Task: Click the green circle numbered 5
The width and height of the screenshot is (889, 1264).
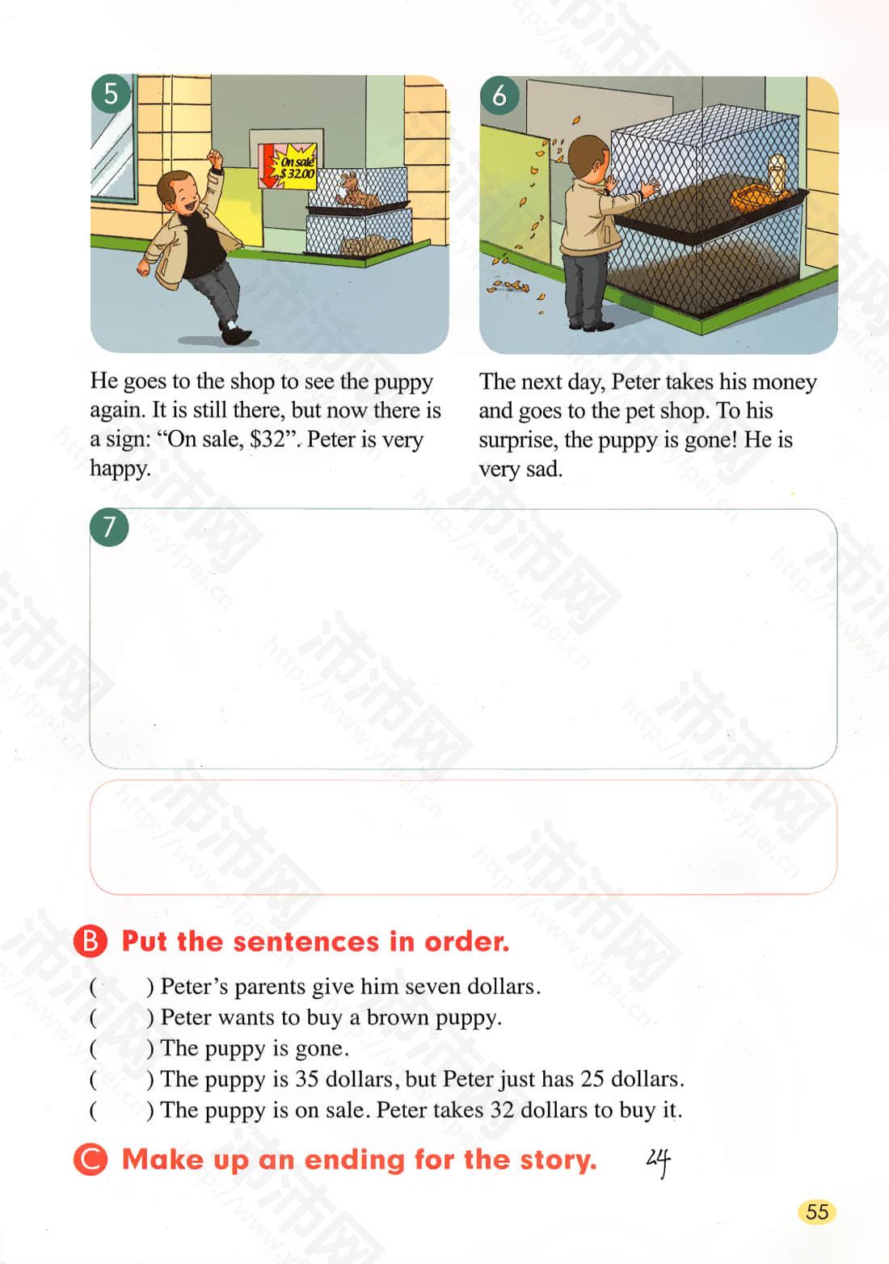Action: tap(112, 94)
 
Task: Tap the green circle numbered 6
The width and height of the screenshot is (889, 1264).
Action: tap(499, 95)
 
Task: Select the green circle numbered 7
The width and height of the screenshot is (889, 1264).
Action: tap(109, 527)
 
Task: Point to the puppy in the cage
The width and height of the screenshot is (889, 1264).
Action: tap(356, 191)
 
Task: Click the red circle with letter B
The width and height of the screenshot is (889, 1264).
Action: tap(91, 941)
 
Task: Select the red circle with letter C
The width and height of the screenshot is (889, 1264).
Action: tap(91, 1158)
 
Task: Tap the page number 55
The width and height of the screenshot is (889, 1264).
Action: tap(817, 1211)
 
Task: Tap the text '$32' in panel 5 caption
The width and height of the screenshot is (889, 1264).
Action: tap(268, 439)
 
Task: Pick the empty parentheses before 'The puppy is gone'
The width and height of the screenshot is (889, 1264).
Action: tap(120, 1048)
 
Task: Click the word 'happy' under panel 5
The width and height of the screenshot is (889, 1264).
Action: tap(120, 470)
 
